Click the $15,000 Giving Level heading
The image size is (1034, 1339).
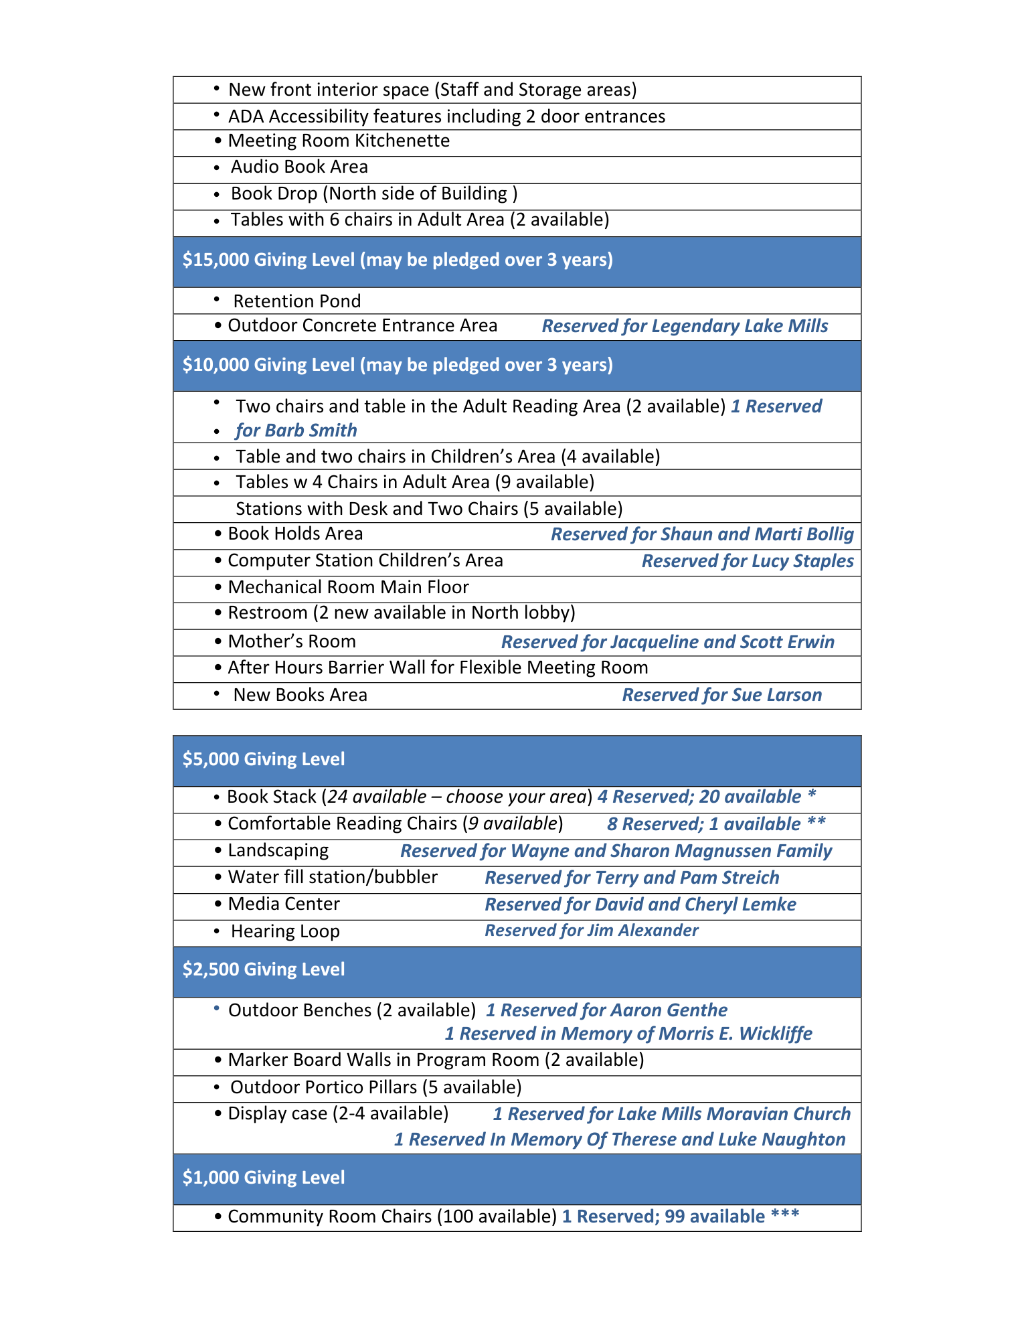(398, 260)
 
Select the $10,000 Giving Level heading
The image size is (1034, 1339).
(398, 365)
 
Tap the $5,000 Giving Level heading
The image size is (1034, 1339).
(264, 759)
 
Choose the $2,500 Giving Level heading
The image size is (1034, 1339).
(264, 969)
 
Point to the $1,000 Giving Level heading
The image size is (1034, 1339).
(264, 1178)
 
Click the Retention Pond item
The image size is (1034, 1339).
(297, 301)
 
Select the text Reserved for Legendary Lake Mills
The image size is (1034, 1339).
(685, 326)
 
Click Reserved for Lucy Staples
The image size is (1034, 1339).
(748, 561)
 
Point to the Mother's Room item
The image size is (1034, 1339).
(292, 641)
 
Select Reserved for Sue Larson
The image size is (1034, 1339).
(722, 695)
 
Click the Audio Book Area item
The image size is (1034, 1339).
(299, 167)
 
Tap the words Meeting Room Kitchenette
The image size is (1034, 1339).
(339, 141)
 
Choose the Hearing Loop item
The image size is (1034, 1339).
(285, 931)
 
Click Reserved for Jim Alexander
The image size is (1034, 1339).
(592, 931)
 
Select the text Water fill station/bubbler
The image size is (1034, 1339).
(333, 877)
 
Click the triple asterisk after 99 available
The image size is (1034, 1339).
(785, 1214)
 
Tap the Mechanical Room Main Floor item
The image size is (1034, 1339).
(348, 587)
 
